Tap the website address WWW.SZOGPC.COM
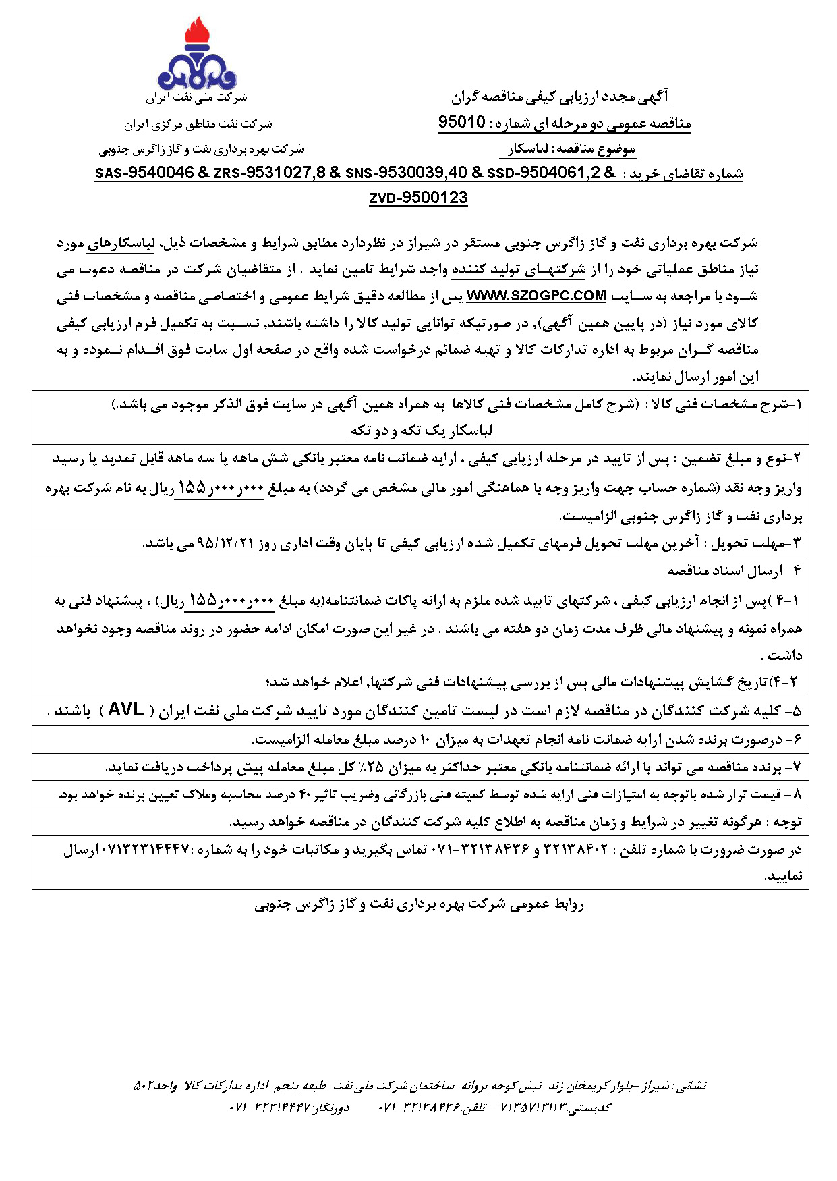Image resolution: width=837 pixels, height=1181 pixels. coord(536,296)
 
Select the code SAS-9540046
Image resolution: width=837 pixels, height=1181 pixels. coord(144,173)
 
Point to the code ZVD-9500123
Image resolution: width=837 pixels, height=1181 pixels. coord(418,198)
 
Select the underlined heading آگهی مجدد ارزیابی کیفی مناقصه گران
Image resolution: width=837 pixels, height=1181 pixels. coord(560,97)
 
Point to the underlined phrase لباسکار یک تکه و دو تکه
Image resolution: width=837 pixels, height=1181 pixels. coord(422,431)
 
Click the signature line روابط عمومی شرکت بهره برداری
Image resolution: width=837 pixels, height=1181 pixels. coord(419,904)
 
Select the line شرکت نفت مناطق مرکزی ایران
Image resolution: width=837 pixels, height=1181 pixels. coord(198,124)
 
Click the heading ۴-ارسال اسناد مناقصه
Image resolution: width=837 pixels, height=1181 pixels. coord(734,571)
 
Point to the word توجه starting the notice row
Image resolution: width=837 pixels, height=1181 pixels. coord(788,822)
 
